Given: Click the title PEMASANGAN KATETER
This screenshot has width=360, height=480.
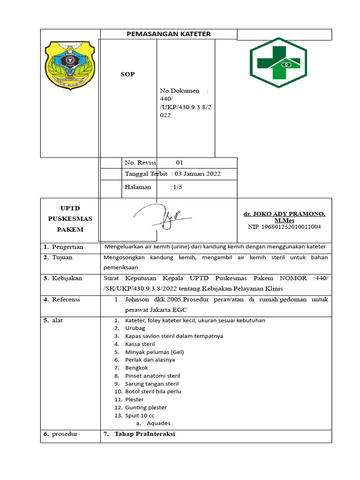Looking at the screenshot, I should pyautogui.click(x=169, y=34).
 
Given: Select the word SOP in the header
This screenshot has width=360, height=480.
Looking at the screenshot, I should pyautogui.click(x=127, y=75).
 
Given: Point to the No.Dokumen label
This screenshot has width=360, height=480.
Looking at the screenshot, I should pyautogui.click(x=180, y=90).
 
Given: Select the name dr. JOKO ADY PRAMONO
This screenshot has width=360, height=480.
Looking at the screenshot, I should pyautogui.click(x=284, y=214).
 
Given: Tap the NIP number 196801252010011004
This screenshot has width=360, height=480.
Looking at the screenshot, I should pyautogui.click(x=284, y=227).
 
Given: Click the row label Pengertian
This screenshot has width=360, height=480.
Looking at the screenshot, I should pyautogui.click(x=67, y=247).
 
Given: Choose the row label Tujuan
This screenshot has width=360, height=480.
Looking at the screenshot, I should pyautogui.click(x=62, y=257).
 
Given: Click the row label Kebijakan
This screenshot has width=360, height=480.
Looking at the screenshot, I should pyautogui.click(x=67, y=278).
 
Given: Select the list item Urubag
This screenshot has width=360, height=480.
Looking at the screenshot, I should pyautogui.click(x=135, y=328).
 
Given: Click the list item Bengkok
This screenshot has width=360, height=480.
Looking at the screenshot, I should pyautogui.click(x=136, y=367).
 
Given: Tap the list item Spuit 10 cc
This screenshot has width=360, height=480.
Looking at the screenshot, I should pyautogui.click(x=140, y=415).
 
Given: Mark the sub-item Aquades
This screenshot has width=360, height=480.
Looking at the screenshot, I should pyautogui.click(x=158, y=423).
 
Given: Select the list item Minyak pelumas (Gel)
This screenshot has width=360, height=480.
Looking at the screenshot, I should pyautogui.click(x=154, y=352).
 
